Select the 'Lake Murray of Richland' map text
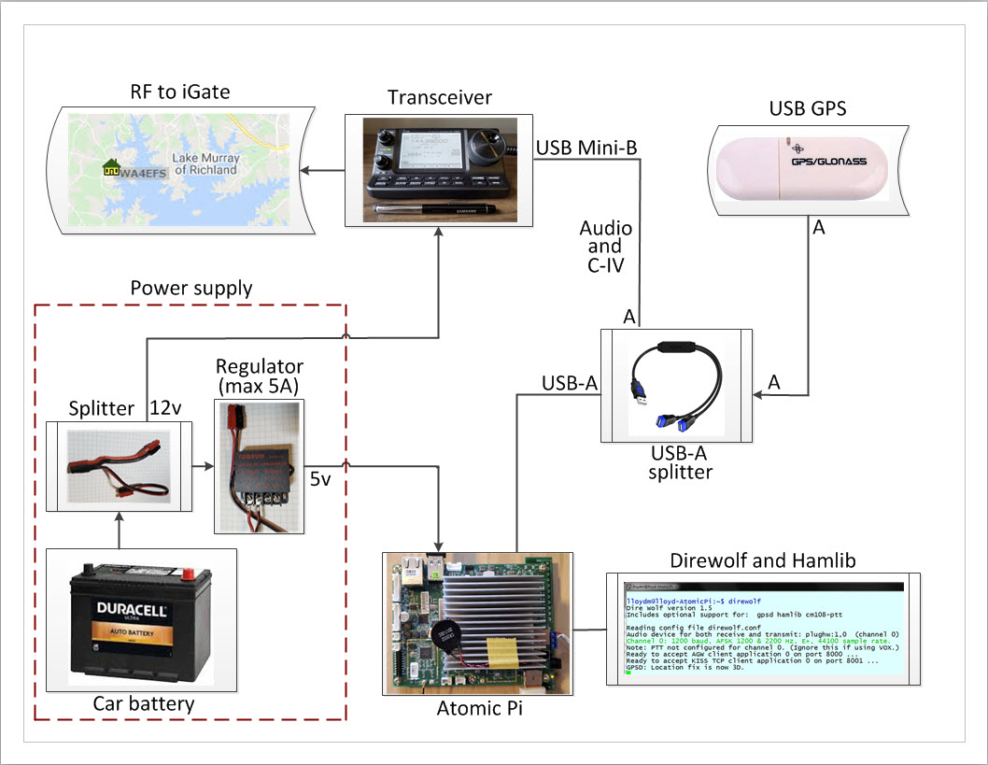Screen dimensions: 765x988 pos(205,164)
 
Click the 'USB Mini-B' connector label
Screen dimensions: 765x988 pos(580,148)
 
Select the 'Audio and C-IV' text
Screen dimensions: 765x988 pos(605,247)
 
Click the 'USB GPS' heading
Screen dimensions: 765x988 pos(808,108)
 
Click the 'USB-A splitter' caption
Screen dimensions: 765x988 pos(675,461)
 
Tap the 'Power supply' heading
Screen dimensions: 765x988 pos(191,288)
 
